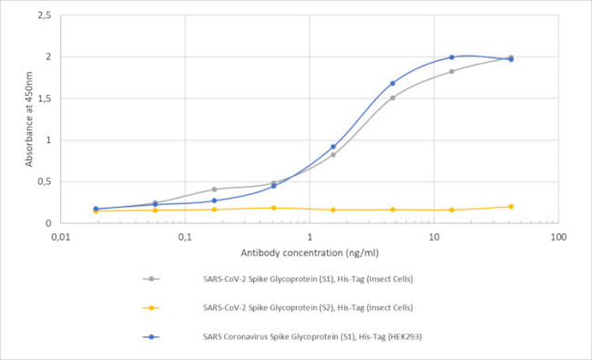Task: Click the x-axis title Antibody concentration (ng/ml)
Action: (x=309, y=252)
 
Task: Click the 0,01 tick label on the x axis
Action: (x=61, y=237)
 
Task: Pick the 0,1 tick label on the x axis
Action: (x=185, y=237)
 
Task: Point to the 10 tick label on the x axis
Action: (x=434, y=237)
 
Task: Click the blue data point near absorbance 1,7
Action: (x=393, y=83)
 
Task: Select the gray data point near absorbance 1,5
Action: (x=393, y=98)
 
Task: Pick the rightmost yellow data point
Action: (x=511, y=206)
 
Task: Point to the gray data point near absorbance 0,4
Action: (x=214, y=190)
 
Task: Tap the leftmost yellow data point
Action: (x=96, y=211)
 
